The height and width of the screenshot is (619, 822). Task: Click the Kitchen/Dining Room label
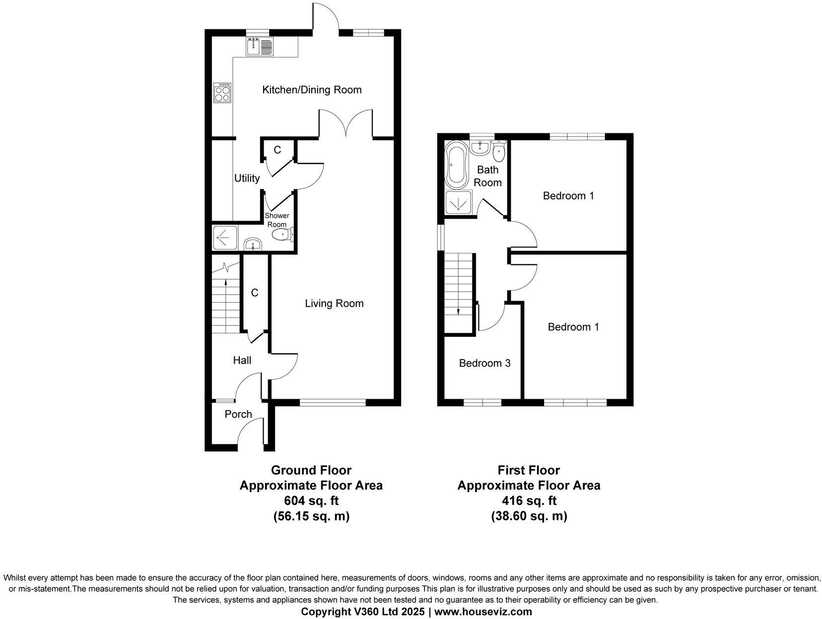click(312, 90)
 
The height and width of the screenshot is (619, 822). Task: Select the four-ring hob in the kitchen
click(223, 92)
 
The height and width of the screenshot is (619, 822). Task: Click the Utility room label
click(247, 178)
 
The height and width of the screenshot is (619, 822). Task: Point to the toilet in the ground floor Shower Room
click(284, 235)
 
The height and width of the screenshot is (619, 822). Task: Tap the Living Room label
click(334, 304)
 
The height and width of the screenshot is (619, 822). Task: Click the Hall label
click(242, 361)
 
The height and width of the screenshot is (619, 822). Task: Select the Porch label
click(238, 414)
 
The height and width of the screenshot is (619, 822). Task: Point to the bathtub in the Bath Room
click(455, 164)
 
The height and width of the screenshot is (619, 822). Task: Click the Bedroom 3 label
click(484, 364)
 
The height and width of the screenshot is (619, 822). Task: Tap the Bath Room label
click(487, 176)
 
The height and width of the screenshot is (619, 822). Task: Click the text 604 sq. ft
click(311, 501)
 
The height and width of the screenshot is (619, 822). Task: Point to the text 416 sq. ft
click(529, 501)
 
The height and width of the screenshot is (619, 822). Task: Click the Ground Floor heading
click(311, 470)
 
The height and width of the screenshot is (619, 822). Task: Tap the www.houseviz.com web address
click(483, 612)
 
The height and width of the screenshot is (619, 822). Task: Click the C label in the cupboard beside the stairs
click(255, 293)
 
